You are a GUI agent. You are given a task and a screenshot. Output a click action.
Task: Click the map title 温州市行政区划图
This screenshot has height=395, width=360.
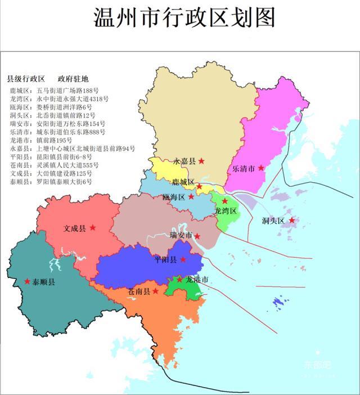click(x=184, y=19)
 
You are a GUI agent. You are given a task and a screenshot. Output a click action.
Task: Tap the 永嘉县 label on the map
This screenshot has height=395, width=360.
click(x=184, y=161)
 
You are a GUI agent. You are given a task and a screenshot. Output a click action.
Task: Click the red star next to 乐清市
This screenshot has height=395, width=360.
click(x=261, y=168)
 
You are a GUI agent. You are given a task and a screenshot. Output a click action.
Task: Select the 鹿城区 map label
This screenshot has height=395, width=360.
click(x=183, y=182)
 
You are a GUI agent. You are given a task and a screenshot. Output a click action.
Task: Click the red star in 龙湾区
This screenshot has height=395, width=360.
click(x=224, y=201)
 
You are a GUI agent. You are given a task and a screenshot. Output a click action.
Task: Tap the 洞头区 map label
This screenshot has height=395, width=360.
click(x=274, y=221)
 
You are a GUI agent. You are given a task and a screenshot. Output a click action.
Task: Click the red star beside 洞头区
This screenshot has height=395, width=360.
click(x=292, y=221)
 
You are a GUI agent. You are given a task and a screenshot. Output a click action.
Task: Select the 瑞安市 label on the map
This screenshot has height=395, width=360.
click(x=181, y=235)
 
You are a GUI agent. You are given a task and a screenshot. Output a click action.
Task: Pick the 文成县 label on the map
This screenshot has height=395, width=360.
click(x=75, y=228)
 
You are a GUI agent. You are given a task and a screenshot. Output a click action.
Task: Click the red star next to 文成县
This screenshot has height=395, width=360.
click(x=93, y=228)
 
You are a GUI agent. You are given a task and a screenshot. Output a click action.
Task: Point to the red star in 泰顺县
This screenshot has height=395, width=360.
click(x=27, y=281)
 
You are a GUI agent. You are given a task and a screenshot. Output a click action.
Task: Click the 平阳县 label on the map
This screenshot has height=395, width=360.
click(x=166, y=260)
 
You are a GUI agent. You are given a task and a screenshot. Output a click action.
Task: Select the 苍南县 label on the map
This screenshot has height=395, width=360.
click(x=139, y=291)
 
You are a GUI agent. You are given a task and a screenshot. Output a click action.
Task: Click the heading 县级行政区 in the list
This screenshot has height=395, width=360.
click(x=25, y=79)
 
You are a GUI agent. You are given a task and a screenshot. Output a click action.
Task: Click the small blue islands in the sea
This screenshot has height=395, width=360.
click(x=278, y=303)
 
